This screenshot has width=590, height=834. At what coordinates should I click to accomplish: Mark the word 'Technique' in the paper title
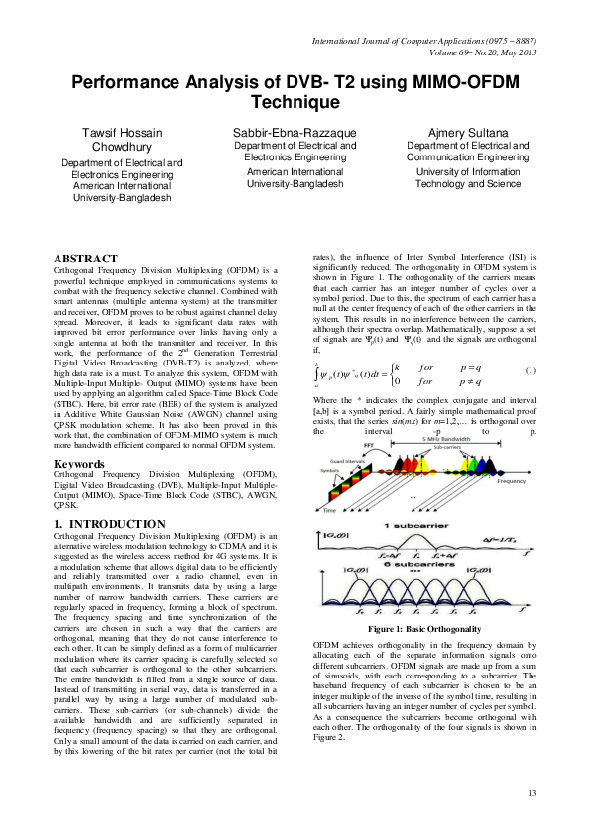pyautogui.click(x=295, y=101)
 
